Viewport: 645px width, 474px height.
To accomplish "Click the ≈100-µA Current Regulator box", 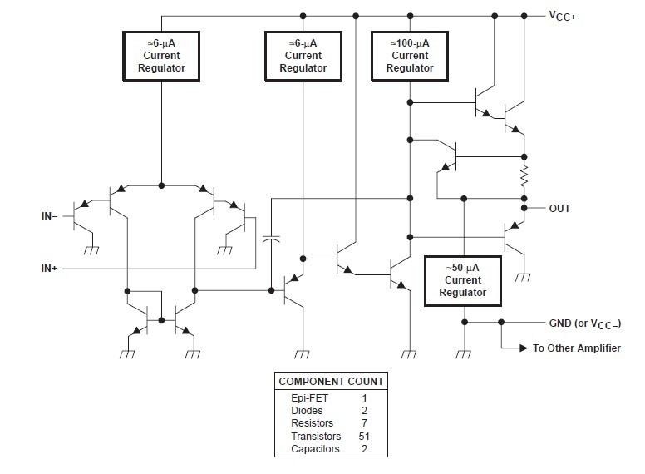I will coord(410,57).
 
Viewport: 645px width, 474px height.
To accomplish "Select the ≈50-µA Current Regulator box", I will coord(463,281).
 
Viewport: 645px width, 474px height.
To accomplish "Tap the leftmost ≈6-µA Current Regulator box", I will coord(161,57).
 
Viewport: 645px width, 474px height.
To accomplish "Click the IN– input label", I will coord(48,216).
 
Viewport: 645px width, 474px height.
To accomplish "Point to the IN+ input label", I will coord(48,269).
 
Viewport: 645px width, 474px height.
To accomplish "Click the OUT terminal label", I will coord(559,208).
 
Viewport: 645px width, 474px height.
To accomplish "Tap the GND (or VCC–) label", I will coord(584,323).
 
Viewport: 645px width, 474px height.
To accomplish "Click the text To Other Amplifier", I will coord(576,348).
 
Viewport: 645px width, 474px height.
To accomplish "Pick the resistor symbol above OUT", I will coord(524,176).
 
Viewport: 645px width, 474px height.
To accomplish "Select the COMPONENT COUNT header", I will coord(331,382).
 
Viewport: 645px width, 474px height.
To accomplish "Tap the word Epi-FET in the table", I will coord(308,398).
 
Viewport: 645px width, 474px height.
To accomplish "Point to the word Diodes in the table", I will coord(307,411).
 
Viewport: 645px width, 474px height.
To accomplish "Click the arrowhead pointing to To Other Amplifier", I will coord(522,348).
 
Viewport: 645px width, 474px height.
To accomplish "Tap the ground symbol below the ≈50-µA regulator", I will coord(464,353).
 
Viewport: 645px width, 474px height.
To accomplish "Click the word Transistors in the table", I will coord(317,436).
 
